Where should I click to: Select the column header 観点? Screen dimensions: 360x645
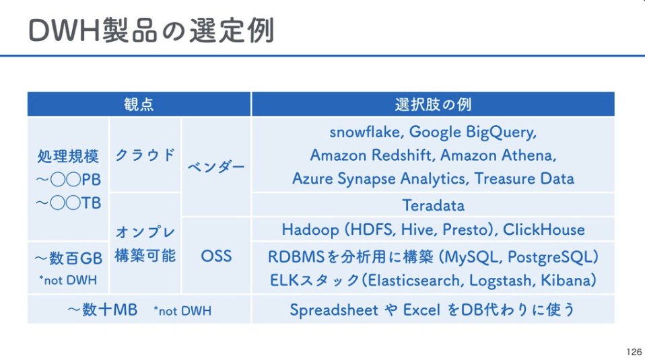(139, 104)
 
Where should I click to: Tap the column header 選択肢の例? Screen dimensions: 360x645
(432, 104)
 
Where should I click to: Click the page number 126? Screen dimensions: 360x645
(633, 351)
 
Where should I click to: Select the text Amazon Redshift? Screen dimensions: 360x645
(372, 155)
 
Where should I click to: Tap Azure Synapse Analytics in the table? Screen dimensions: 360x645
(380, 178)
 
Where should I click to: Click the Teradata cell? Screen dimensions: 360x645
(433, 205)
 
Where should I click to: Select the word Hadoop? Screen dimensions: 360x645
(310, 229)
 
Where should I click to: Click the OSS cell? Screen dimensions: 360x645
(216, 256)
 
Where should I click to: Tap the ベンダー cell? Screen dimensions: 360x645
(216, 167)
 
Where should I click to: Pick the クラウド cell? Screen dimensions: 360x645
(145, 155)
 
